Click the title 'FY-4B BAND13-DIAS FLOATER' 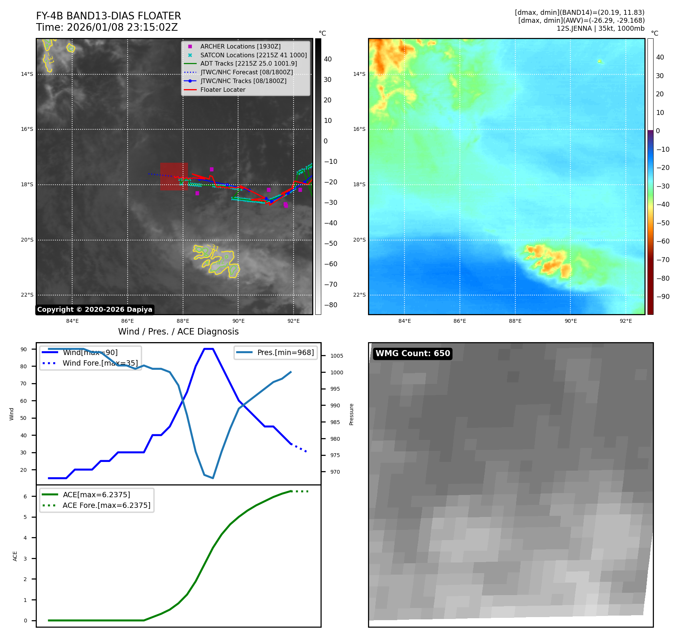click(x=108, y=16)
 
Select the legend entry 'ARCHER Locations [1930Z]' click(x=240, y=46)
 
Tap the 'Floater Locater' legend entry click(x=223, y=90)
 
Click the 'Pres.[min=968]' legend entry click(x=285, y=353)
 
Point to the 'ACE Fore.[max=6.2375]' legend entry click(x=106, y=505)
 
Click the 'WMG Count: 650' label click(x=412, y=353)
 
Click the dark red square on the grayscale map click(x=174, y=176)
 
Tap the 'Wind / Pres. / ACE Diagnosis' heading click(x=178, y=332)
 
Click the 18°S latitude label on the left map click(x=27, y=185)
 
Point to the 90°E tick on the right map click(x=570, y=321)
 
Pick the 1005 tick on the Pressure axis click(x=336, y=356)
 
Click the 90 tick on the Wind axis click(x=24, y=349)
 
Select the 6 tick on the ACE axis click(x=25, y=496)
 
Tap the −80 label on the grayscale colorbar click(x=330, y=305)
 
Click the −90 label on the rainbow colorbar click(x=663, y=297)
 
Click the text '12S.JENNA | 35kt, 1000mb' click(x=600, y=29)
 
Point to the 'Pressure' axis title click(x=351, y=414)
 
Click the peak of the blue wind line click(x=208, y=349)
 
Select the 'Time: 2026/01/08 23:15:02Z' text click(x=107, y=27)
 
